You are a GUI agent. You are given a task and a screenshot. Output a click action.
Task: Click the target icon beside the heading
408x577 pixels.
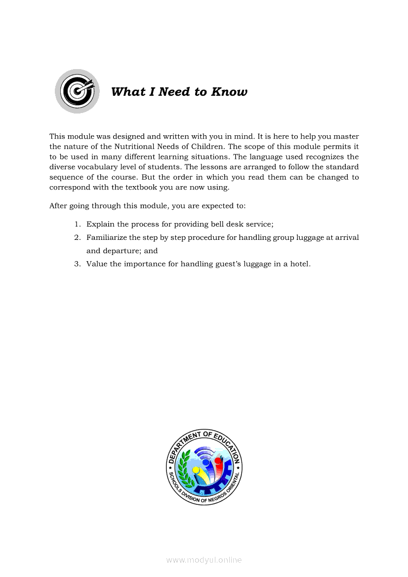[x=77, y=91]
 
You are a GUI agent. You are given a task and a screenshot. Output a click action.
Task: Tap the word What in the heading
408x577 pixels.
[x=125, y=92]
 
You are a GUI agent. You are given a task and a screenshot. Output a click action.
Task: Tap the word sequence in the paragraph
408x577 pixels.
[x=66, y=177]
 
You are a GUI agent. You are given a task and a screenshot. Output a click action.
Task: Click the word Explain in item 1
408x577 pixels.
[x=100, y=224]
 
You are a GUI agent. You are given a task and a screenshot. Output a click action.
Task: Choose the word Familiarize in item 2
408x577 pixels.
[x=107, y=237]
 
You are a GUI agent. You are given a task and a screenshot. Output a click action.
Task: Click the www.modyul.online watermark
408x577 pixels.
[x=204, y=560]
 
